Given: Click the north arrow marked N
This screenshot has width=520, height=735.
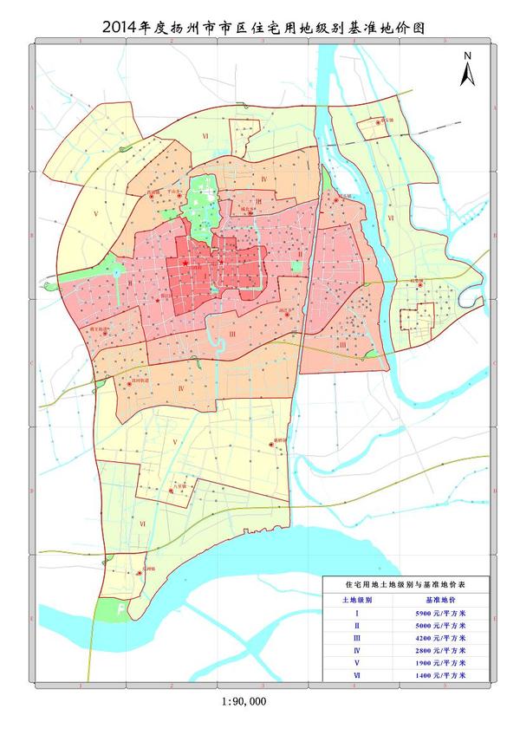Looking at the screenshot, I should pyautogui.click(x=467, y=69).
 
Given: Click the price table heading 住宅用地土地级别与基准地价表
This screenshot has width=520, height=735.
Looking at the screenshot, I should pyautogui.click(x=406, y=586).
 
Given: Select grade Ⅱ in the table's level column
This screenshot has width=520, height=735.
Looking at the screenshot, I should pyautogui.click(x=357, y=625).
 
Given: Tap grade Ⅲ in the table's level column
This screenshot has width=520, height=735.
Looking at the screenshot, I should pyautogui.click(x=357, y=637).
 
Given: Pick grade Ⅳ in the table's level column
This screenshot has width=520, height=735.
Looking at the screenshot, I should pyautogui.click(x=357, y=649).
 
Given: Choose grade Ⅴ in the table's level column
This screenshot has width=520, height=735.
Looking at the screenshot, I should pyautogui.click(x=357, y=661).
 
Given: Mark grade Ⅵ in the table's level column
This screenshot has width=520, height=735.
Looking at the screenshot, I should pyautogui.click(x=357, y=673).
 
